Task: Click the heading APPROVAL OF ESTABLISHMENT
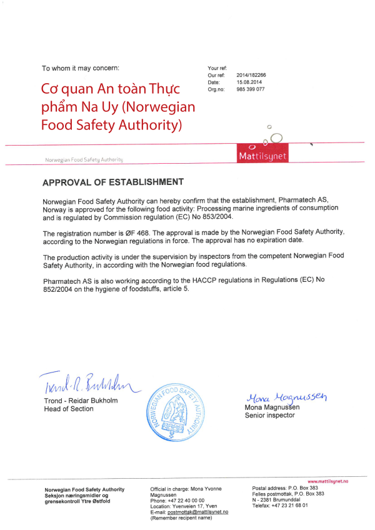(112, 182)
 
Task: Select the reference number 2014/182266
(251, 75)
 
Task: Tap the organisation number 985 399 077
(251, 89)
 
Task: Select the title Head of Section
(69, 409)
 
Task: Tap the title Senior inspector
(269, 415)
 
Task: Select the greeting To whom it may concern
(79, 67)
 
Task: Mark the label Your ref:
(217, 67)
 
